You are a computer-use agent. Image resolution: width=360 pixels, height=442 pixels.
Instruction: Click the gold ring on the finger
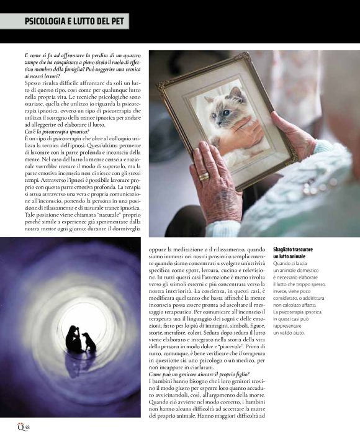coord(204,176)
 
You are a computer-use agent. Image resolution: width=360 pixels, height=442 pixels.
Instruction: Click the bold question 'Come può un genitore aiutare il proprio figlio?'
coord(199,374)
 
